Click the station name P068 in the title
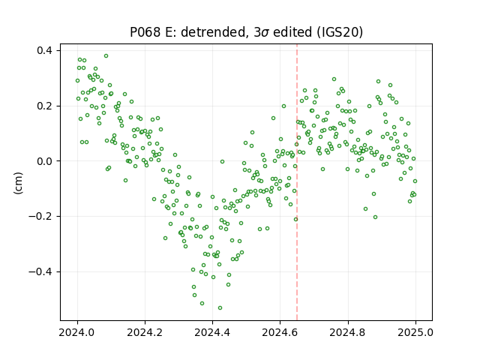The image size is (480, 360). click(x=145, y=32)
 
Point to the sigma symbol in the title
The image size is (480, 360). click(x=265, y=33)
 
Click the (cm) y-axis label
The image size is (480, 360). click(x=18, y=183)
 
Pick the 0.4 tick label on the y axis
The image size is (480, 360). click(x=44, y=50)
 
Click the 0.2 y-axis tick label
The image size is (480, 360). click(x=44, y=106)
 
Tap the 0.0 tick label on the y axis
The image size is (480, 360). click(x=44, y=161)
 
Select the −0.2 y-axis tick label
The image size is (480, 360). click(x=40, y=217)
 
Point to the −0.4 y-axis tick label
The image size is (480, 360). click(x=40, y=271)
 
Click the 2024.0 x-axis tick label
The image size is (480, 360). click(x=77, y=332)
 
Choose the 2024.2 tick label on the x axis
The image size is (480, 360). click(x=145, y=332)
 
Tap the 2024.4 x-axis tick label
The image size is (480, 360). click(x=212, y=332)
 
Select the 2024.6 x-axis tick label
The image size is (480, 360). click(x=280, y=332)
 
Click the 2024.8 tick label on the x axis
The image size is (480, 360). click(x=348, y=332)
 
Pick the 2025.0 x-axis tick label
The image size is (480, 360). click(x=415, y=332)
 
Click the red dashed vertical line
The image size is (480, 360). click(x=297, y=182)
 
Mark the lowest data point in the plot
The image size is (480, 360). click(x=220, y=308)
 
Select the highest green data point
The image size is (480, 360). click(x=106, y=56)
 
